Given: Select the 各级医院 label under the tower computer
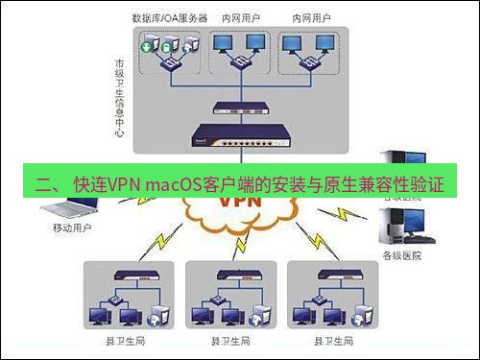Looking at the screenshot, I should (x=401, y=255).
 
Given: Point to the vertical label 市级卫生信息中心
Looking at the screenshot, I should (x=119, y=96).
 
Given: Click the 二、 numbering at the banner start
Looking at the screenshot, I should (x=46, y=182).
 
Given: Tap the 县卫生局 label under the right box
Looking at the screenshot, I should (x=332, y=342).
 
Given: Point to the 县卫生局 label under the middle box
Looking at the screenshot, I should (x=230, y=342).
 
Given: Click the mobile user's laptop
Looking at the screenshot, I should (x=66, y=208).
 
